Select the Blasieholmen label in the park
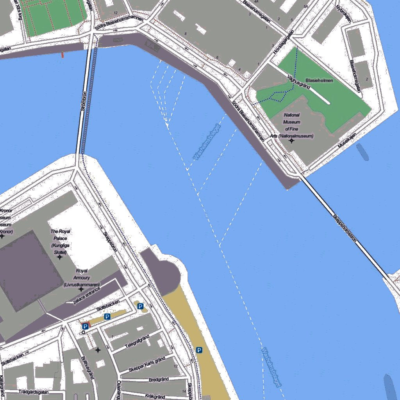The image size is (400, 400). [319, 80]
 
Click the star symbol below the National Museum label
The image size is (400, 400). [291, 141]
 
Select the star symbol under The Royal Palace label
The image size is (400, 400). [60, 257]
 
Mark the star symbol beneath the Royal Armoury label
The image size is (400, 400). [81, 289]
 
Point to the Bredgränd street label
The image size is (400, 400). [159, 379]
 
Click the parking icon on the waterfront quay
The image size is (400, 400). [199, 350]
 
